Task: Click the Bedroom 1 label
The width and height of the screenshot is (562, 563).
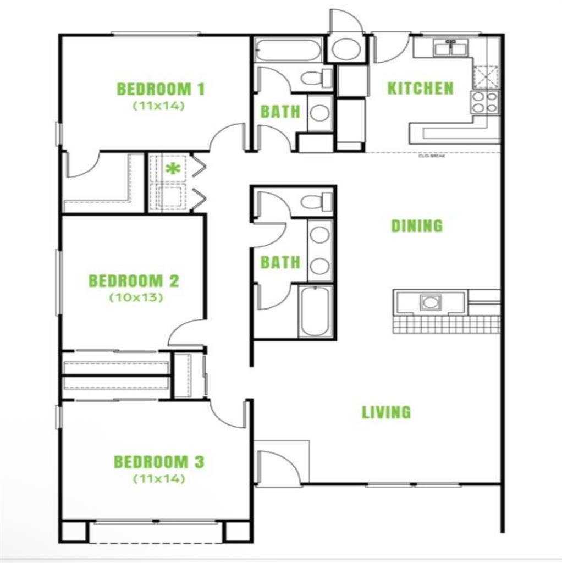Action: (161, 89)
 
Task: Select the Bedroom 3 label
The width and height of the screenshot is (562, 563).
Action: (158, 462)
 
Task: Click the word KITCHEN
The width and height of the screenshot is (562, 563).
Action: (420, 88)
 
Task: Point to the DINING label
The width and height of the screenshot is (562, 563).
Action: (416, 226)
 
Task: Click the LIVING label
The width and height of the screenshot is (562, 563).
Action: (386, 412)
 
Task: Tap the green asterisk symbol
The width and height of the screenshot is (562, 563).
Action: (173, 169)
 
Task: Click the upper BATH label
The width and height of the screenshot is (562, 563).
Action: (280, 112)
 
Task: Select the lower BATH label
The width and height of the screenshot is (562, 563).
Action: (280, 262)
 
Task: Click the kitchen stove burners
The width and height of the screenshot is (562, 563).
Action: (484, 102)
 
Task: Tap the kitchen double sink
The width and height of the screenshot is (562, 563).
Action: (450, 49)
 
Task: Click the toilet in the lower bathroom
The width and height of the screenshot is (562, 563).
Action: (316, 202)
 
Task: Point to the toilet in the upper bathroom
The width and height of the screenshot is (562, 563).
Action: (316, 77)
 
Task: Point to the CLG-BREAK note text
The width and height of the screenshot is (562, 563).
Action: (431, 156)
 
